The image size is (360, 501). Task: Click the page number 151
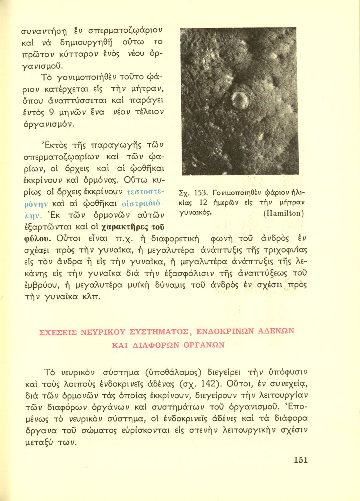[x=301, y=460]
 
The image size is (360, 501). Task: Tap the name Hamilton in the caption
[x=283, y=213]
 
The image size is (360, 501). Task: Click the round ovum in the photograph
[x=239, y=100]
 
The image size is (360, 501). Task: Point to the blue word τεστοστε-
[x=144, y=192]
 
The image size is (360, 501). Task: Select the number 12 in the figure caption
[x=203, y=202]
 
